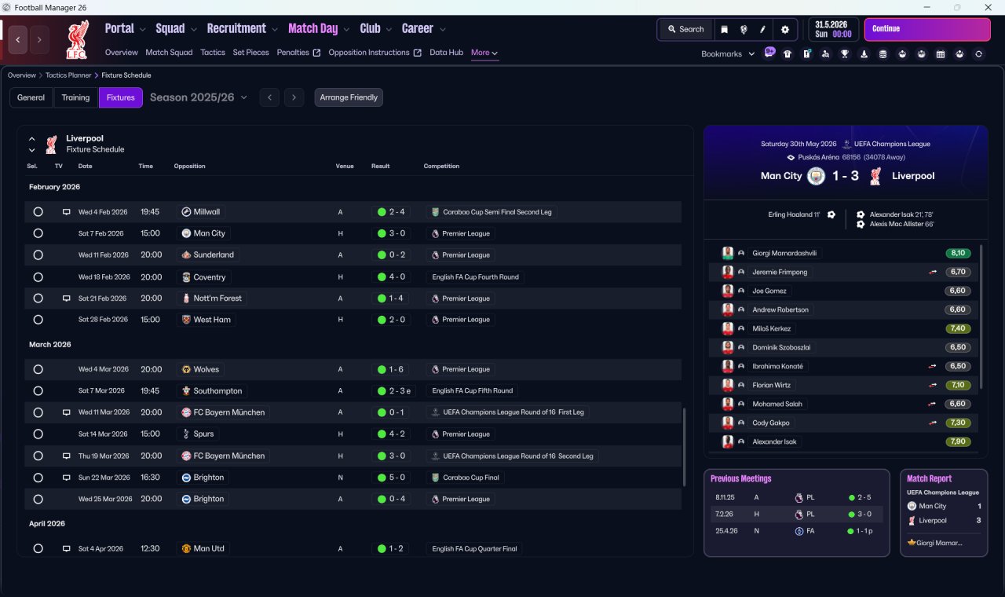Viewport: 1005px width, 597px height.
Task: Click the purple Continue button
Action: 927,29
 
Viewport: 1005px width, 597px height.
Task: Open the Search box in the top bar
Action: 685,29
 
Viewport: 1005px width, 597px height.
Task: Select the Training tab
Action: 75,97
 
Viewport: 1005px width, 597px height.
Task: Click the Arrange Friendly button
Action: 349,97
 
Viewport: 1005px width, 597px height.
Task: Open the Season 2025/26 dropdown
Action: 199,97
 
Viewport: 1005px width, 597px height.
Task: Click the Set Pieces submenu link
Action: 250,53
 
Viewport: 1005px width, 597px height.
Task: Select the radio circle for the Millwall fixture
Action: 38,212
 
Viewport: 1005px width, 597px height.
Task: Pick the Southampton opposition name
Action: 217,391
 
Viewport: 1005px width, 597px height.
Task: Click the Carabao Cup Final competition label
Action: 470,478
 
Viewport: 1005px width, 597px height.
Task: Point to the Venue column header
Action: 345,166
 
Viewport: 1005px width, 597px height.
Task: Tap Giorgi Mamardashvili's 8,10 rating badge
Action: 958,253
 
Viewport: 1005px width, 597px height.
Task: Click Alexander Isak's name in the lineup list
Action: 774,441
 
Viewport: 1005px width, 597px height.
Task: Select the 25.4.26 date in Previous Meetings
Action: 726,531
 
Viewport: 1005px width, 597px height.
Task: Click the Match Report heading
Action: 929,478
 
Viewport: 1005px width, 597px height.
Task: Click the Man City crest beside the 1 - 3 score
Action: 816,176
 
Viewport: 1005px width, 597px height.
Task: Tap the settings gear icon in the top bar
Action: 784,30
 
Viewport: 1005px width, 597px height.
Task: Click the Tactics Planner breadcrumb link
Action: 68,75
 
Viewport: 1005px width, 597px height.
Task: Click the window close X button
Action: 988,7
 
